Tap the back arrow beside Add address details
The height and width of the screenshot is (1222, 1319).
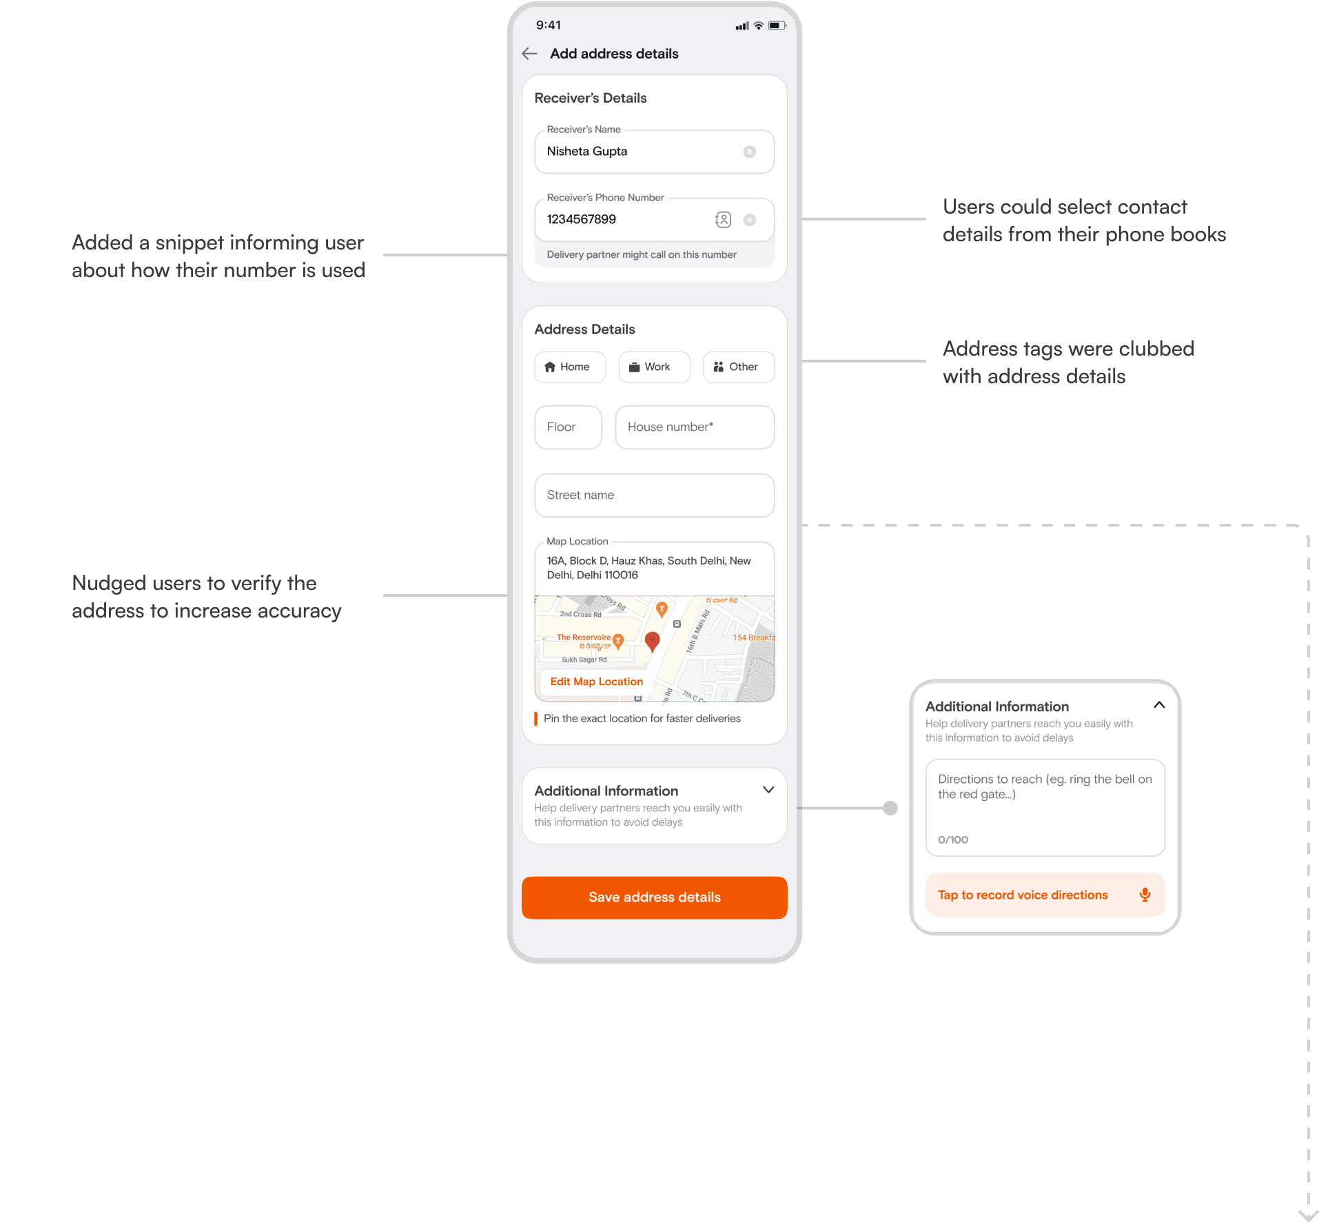[529, 54]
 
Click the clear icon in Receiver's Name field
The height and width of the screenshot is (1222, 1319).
[749, 152]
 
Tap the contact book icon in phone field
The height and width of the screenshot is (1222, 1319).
[723, 220]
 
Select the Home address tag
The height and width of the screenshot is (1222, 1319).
[570, 367]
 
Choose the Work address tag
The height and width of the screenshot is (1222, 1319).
[654, 367]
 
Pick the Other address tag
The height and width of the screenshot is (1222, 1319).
[738, 367]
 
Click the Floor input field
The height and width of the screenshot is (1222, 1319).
[568, 427]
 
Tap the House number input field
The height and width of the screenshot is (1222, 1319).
[694, 427]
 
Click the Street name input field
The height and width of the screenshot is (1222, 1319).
[654, 496]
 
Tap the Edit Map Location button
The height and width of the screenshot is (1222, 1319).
[596, 682]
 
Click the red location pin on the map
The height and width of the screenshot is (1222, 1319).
[652, 640]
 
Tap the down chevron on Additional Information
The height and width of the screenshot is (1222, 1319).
[768, 790]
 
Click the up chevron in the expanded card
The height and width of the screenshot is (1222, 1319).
[1159, 705]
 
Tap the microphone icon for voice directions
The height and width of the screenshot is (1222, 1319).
[1145, 895]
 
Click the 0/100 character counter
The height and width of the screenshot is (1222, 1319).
[953, 839]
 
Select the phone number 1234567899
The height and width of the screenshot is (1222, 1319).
[582, 220]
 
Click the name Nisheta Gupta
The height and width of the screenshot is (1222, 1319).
[587, 152]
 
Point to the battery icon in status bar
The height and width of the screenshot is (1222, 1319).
[777, 26]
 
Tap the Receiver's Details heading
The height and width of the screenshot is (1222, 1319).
[591, 99]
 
